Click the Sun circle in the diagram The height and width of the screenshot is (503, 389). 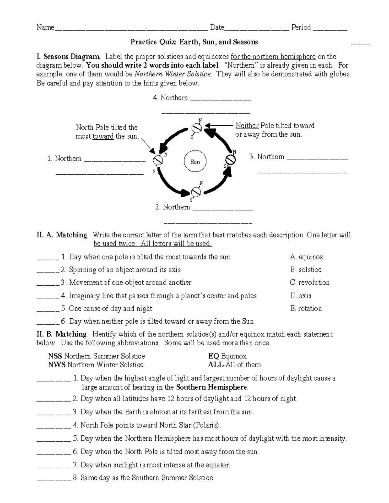click(195, 162)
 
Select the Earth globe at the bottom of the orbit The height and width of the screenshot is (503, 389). click(196, 192)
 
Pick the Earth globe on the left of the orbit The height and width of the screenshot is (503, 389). click(158, 160)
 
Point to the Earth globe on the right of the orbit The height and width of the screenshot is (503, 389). click(230, 160)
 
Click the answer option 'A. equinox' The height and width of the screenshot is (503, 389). click(307, 257)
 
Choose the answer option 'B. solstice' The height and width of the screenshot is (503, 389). click(306, 270)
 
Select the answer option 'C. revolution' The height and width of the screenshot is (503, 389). click(310, 282)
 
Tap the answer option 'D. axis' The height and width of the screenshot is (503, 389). click(301, 296)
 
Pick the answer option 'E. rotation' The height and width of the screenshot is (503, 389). click(306, 309)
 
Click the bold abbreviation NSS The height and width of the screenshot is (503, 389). click(55, 356)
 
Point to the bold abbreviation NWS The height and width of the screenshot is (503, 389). click(57, 365)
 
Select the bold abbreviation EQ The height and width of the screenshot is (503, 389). click(214, 356)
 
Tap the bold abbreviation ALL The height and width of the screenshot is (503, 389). click(216, 365)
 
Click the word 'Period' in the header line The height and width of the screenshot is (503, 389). click(301, 28)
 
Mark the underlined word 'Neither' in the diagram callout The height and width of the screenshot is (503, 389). click(247, 126)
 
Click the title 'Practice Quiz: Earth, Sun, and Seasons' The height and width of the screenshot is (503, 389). click(194, 42)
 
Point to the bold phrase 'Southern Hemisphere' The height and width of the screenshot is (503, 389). click(212, 387)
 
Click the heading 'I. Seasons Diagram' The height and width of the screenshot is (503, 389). click(69, 57)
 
